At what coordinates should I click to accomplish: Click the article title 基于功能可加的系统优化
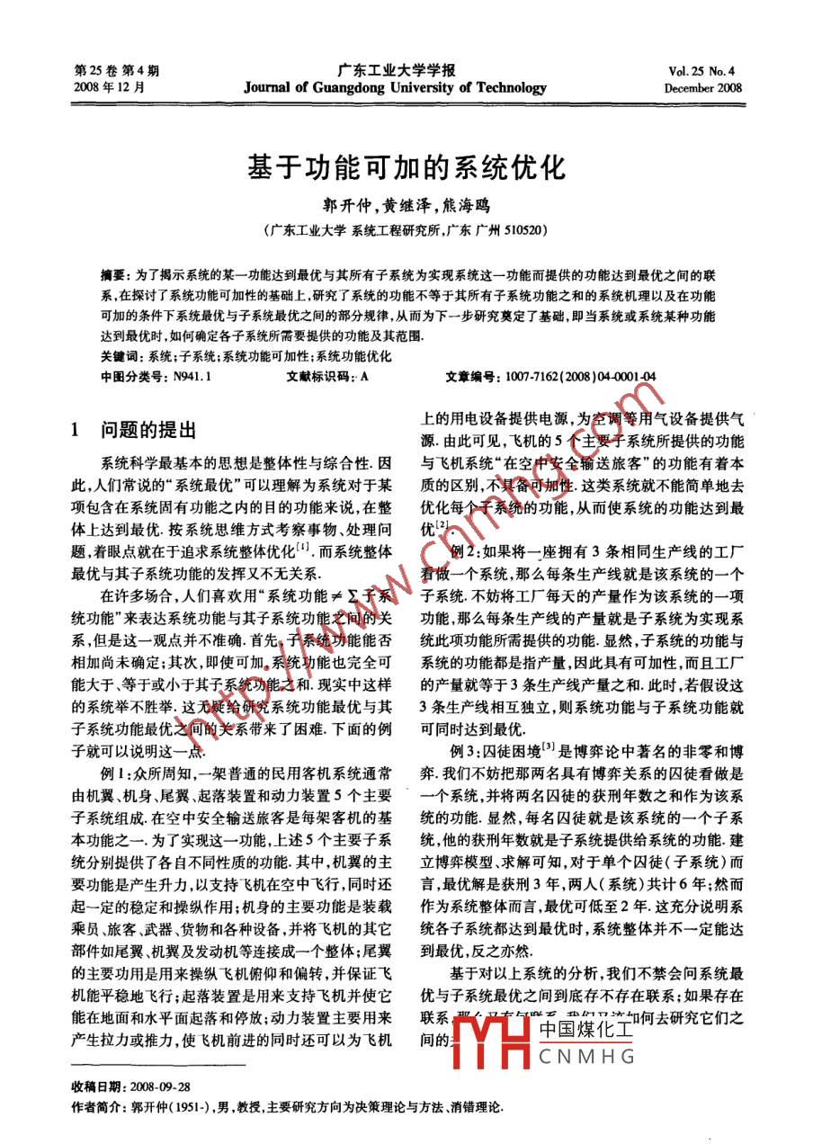[x=405, y=168]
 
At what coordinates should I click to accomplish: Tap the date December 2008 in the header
[x=702, y=88]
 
